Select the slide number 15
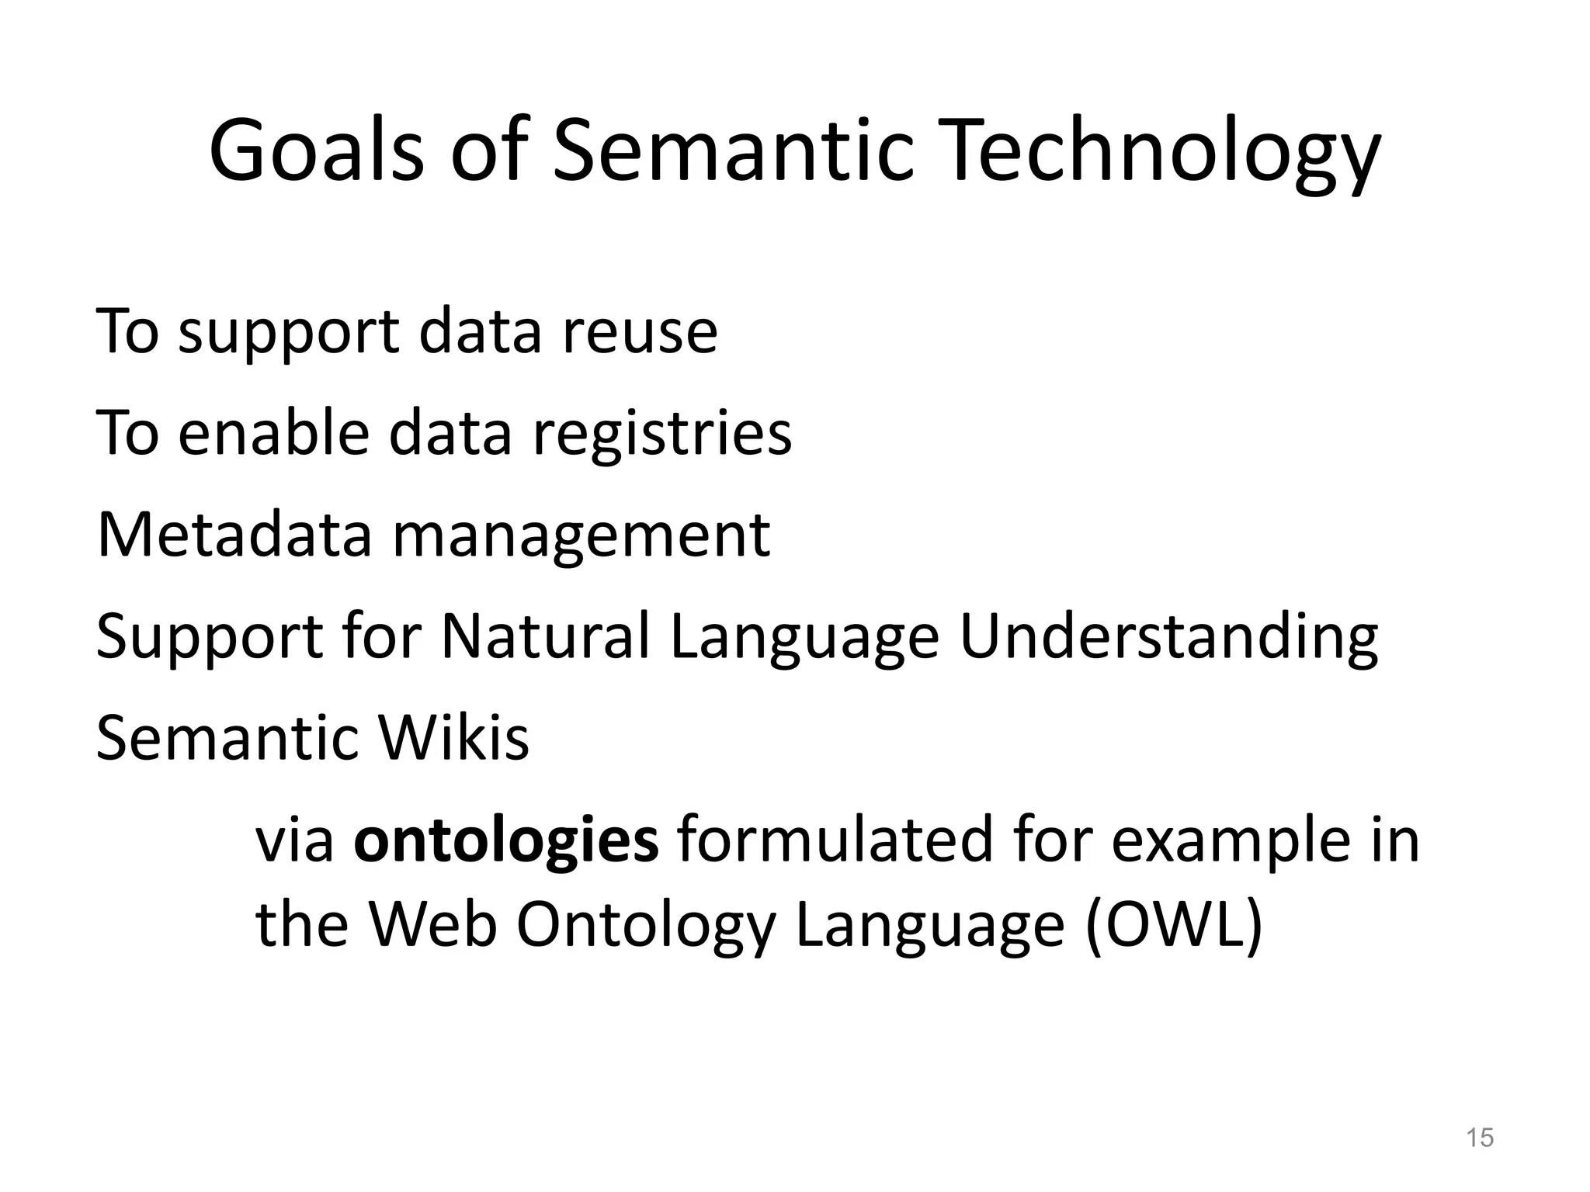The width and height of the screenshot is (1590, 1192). (1479, 1138)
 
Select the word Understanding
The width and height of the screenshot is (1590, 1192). (1168, 636)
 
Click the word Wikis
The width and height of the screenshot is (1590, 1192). (453, 737)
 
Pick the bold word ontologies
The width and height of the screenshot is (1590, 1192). (505, 840)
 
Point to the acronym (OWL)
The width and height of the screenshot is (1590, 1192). (1173, 925)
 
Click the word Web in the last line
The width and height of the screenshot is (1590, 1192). (432, 925)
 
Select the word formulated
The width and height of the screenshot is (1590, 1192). (834, 840)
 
